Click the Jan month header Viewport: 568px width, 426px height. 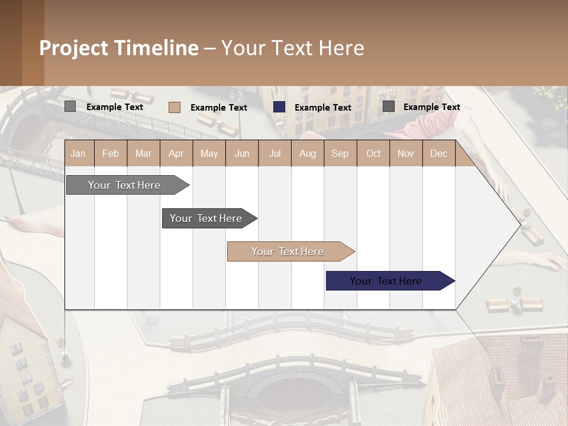coord(79,153)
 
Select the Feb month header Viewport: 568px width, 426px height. coord(111,153)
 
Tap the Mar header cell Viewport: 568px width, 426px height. coord(143,153)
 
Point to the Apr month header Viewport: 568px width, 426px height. coord(176,153)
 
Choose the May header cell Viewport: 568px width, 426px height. coord(209,153)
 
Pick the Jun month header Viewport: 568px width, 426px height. coord(242,153)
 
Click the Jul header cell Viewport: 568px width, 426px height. coord(275,153)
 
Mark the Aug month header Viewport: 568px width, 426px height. coord(308,153)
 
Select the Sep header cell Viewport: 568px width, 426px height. coord(340,153)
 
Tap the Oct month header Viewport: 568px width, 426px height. coord(373,153)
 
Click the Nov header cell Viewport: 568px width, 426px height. coord(406,153)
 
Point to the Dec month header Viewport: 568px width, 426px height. coord(439,153)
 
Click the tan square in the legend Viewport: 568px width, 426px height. coord(175,107)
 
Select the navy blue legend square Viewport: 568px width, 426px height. coord(279,107)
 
